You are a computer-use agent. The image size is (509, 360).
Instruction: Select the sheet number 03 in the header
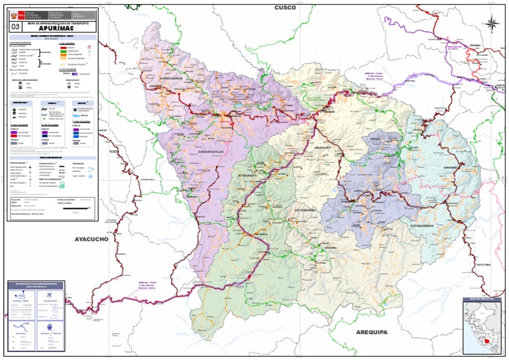tap(15, 27)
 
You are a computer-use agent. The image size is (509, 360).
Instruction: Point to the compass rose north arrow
tap(492, 24)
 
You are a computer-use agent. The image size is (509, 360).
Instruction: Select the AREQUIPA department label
tap(375, 331)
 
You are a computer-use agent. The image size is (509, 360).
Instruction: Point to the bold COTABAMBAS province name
tap(422, 226)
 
